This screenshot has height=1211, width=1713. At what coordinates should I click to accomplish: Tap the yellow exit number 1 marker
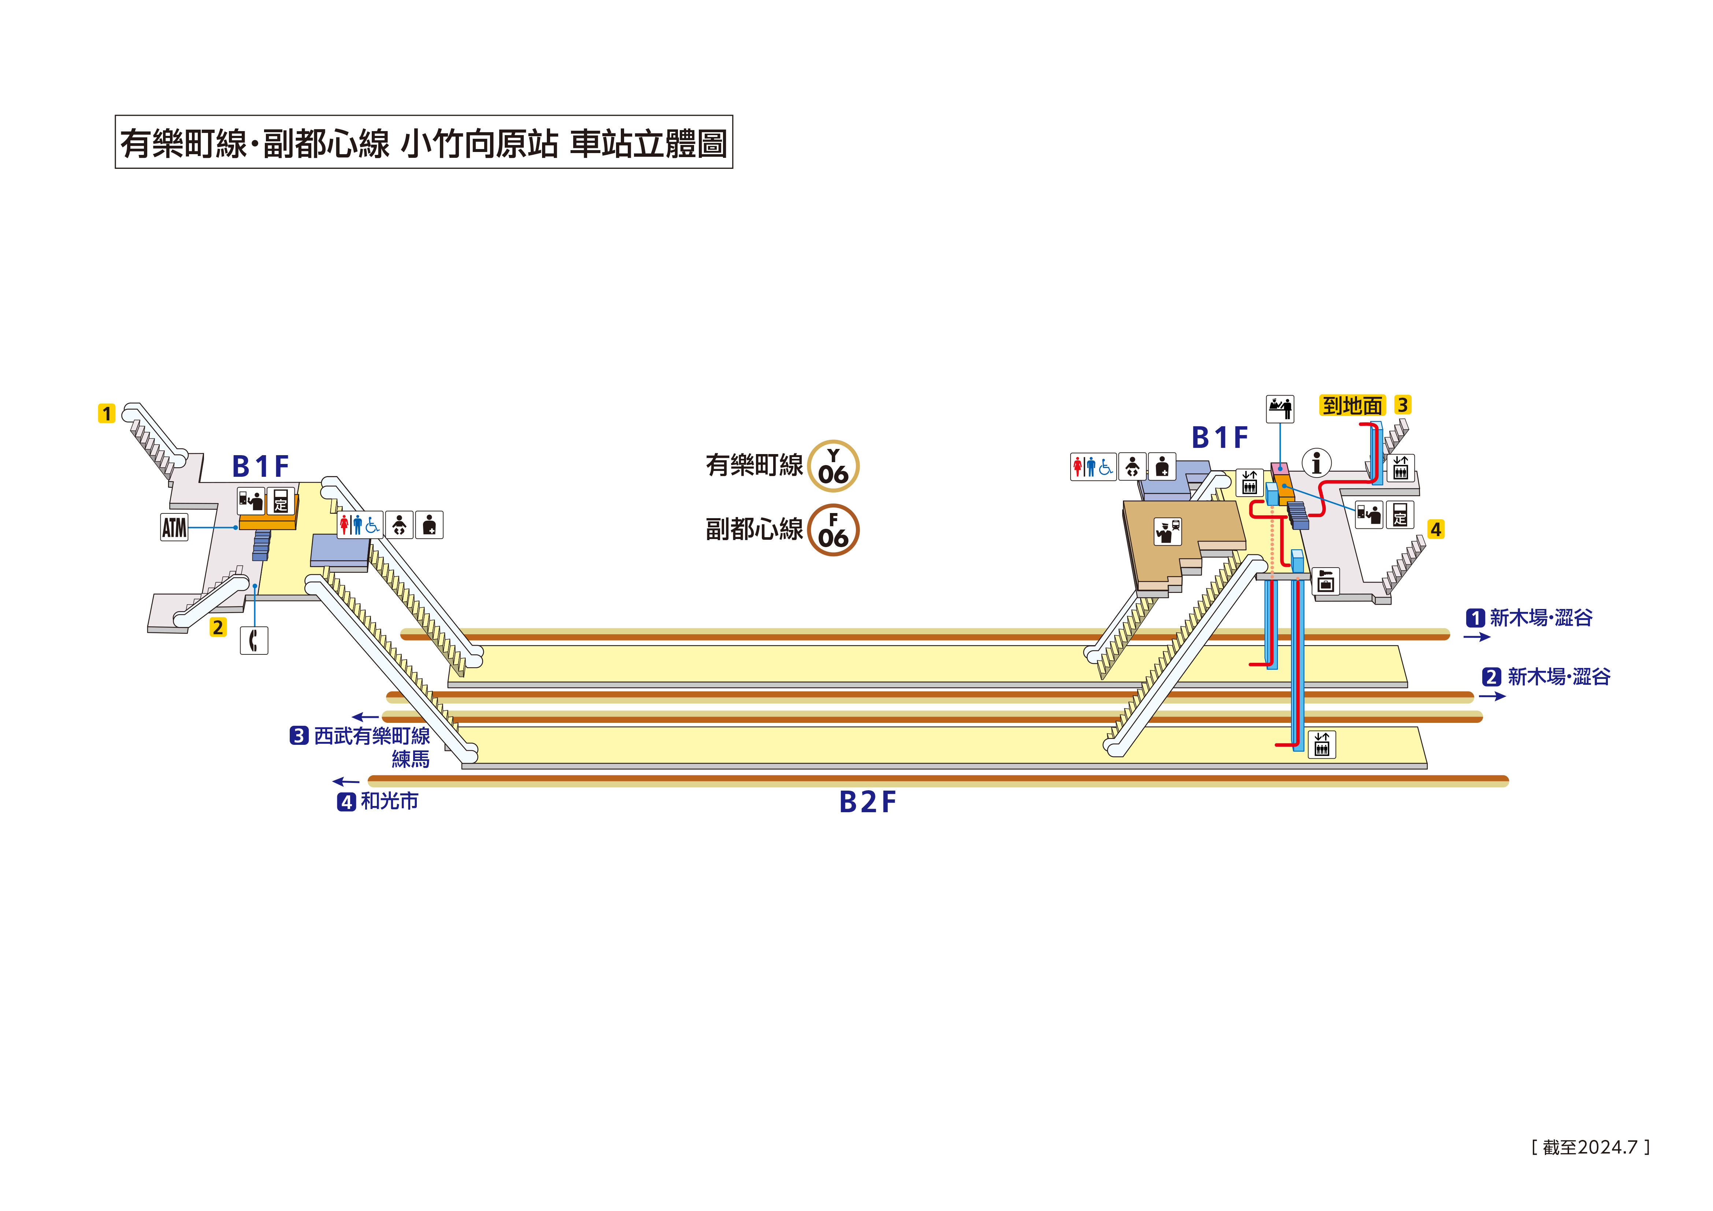point(107,413)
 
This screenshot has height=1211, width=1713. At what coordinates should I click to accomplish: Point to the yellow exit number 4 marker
point(1435,530)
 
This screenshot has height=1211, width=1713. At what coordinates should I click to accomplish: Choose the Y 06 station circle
point(833,466)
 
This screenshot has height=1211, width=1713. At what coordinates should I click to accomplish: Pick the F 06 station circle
point(833,531)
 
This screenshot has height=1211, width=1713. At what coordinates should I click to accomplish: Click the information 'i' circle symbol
point(1317,463)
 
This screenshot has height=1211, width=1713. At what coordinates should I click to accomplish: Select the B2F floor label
point(867,802)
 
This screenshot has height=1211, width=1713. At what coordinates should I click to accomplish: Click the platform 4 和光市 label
point(379,801)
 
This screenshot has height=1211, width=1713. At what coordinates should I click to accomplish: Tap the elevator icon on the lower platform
point(1321,745)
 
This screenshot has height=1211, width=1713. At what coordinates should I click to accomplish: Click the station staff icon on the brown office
point(1168,531)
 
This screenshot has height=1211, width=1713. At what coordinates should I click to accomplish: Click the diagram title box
point(424,142)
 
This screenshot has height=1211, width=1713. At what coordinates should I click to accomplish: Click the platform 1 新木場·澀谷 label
point(1531,618)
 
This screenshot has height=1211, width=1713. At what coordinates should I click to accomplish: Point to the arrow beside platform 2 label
point(1492,696)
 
